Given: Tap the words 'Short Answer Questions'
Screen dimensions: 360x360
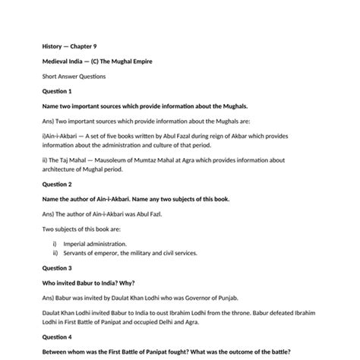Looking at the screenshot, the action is pyautogui.click(x=74, y=77).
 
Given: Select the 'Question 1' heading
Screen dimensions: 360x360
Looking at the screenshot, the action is pyautogui.click(x=56, y=91).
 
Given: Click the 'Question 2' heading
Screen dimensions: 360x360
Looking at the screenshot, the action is pyautogui.click(x=57, y=185).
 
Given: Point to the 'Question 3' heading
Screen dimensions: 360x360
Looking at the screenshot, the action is pyautogui.click(x=57, y=268).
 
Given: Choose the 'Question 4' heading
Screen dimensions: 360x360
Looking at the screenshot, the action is pyautogui.click(x=57, y=337).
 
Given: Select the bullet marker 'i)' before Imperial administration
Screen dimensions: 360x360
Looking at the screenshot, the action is pyautogui.click(x=55, y=245).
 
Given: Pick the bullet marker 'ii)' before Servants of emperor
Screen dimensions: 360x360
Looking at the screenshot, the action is pyautogui.click(x=55, y=253).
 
